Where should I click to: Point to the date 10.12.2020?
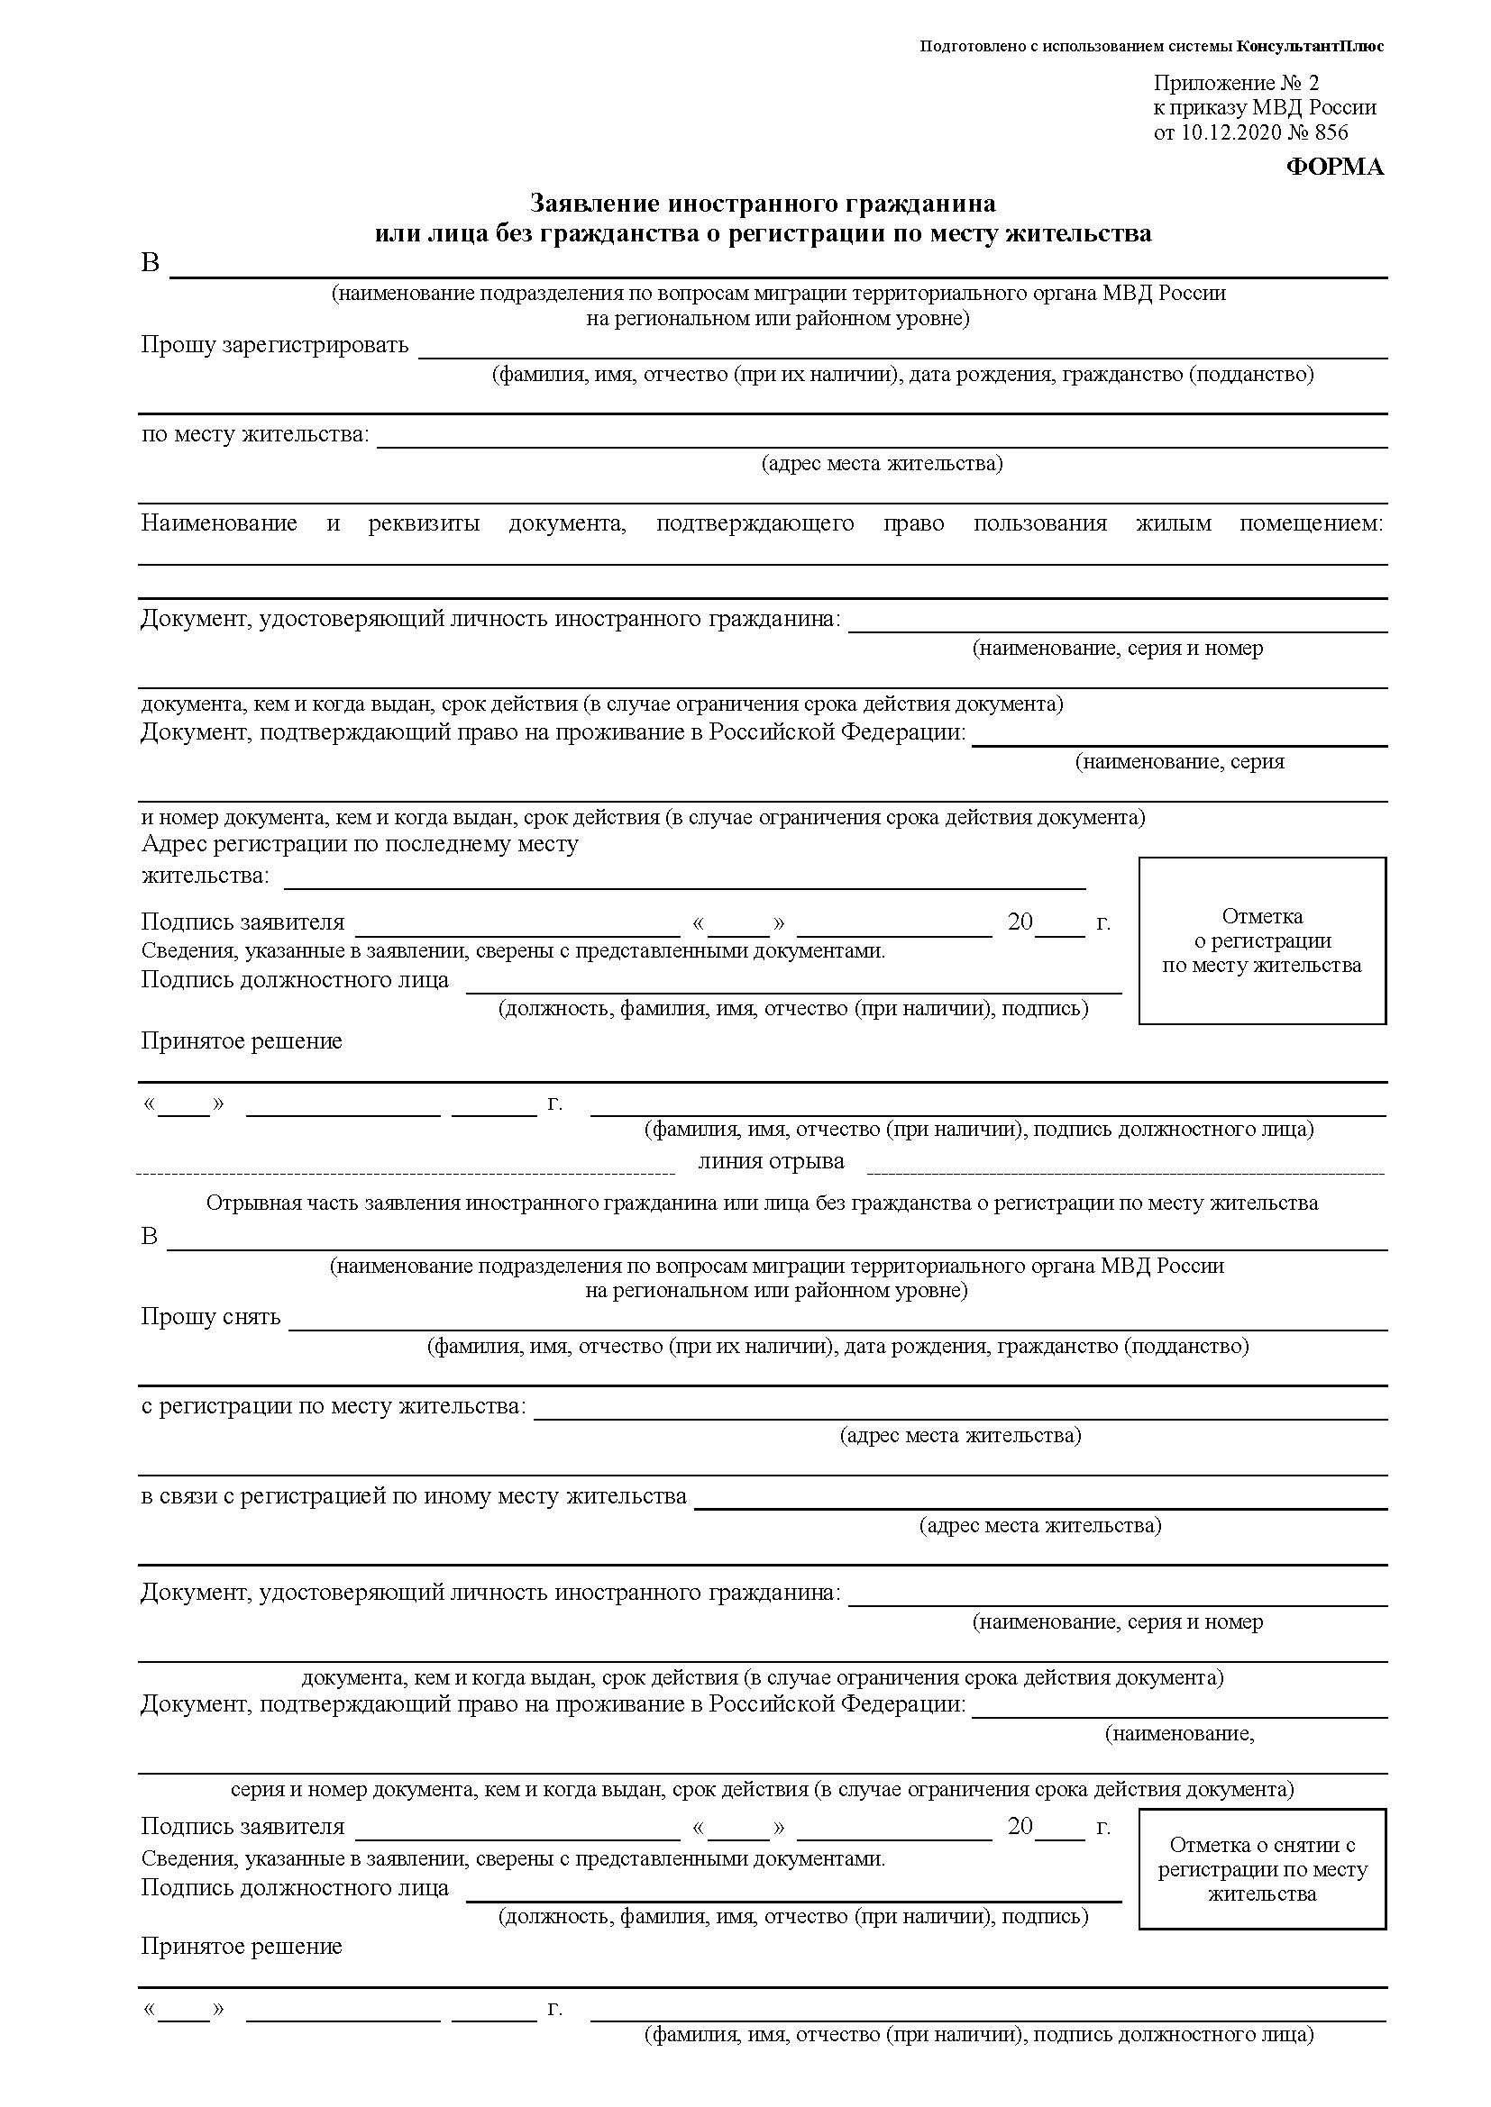(1231, 132)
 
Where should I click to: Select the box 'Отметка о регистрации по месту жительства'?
(1261, 940)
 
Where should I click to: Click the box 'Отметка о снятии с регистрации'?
(1261, 1868)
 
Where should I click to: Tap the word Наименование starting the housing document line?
(218, 523)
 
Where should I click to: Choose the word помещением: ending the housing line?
(1310, 523)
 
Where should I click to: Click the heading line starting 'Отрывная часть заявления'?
(761, 1203)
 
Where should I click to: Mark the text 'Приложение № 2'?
(1236, 84)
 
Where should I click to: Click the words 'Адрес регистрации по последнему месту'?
(360, 843)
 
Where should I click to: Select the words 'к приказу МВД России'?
(1264, 107)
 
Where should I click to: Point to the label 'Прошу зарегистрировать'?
(275, 345)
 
